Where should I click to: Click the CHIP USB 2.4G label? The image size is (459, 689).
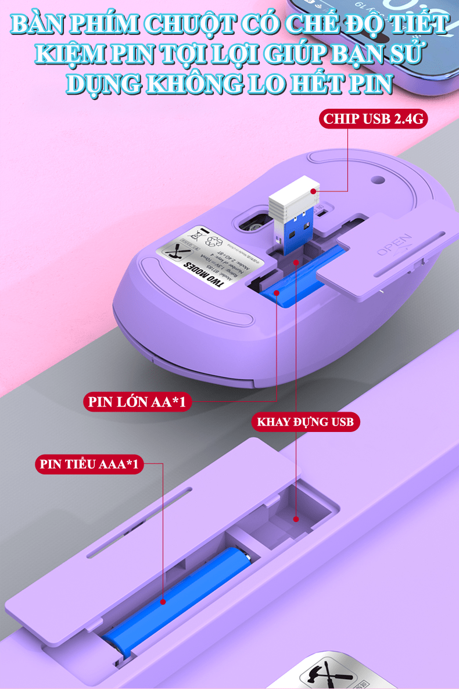(374, 119)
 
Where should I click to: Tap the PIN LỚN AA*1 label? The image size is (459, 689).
(137, 401)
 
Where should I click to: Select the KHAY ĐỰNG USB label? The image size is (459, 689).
(306, 422)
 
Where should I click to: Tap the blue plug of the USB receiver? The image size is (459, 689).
(295, 232)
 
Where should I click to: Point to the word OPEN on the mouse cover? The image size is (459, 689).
(395, 244)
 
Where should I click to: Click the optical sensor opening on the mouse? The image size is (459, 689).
(251, 223)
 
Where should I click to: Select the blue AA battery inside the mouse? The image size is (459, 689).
(296, 279)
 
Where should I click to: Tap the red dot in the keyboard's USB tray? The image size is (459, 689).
(296, 519)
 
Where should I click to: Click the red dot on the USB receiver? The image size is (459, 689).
(313, 191)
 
